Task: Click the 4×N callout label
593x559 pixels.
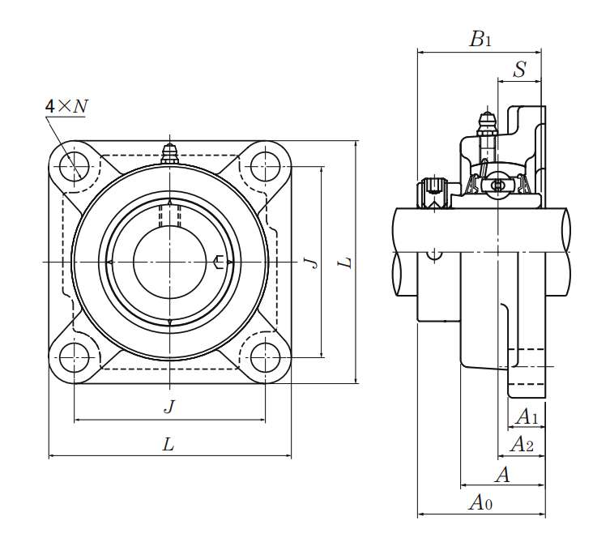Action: (66, 106)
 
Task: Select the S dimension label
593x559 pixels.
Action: (519, 70)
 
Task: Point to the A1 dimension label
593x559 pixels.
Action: (527, 417)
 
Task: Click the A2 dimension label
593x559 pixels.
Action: (521, 444)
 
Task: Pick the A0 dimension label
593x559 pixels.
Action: (480, 503)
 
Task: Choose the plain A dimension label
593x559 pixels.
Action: (502, 475)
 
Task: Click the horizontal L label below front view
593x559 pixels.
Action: (169, 444)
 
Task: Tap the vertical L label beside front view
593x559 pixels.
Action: (346, 262)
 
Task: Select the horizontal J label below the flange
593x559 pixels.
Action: (169, 408)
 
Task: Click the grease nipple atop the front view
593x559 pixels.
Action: (169, 153)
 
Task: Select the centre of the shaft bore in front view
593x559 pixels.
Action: (169, 262)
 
